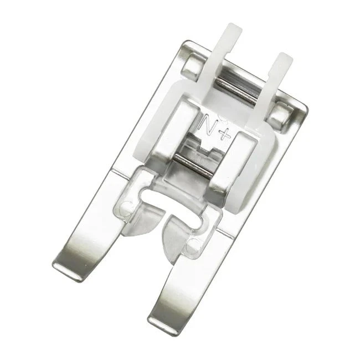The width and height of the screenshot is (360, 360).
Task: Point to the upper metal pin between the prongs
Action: coord(236,91)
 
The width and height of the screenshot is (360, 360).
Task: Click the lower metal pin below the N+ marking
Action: coord(193,166)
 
